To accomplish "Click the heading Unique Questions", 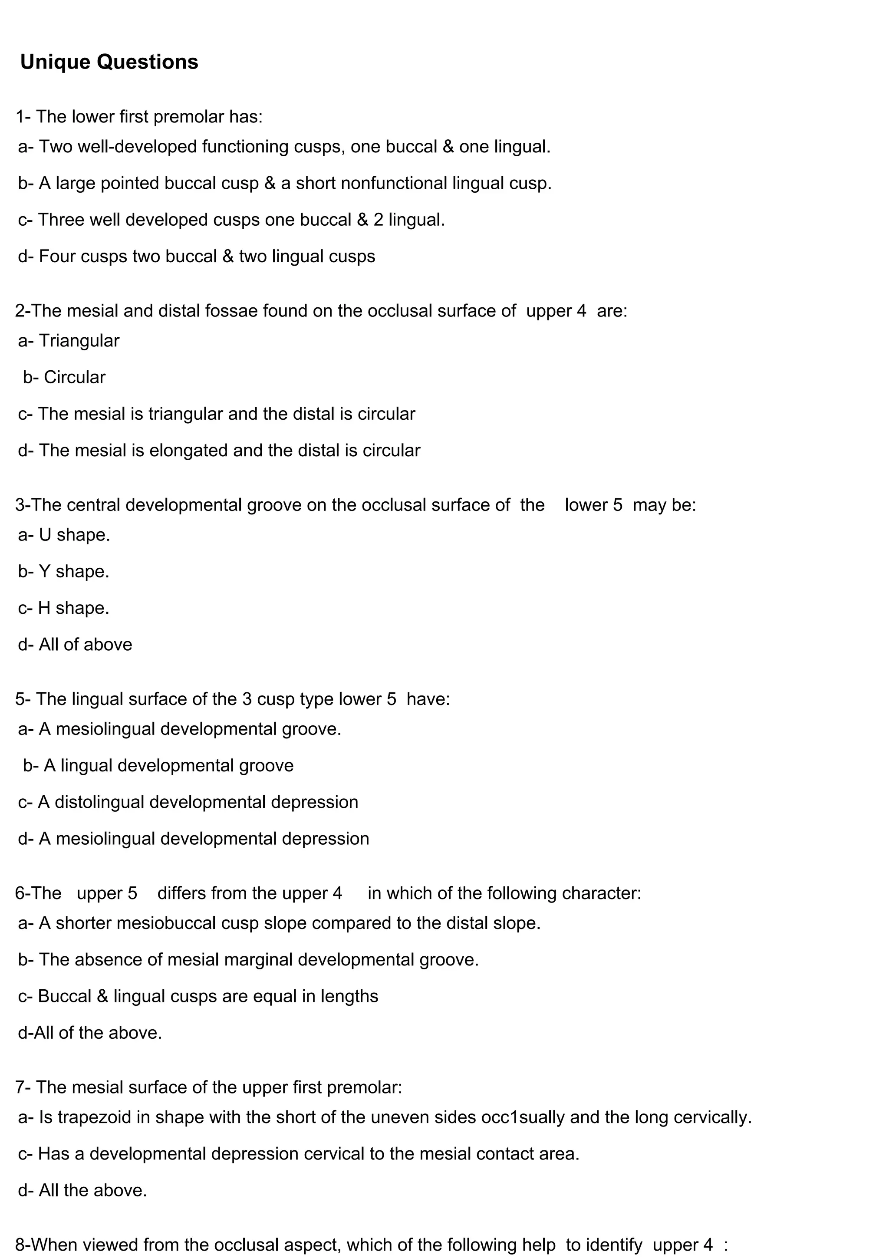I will [x=109, y=62].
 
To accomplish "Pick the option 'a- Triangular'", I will [x=69, y=341].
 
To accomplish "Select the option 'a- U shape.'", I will [x=64, y=535].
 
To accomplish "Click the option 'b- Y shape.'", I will [x=63, y=571].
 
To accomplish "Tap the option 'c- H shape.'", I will [x=63, y=608].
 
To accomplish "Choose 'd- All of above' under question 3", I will [x=75, y=644].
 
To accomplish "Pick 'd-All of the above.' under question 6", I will [x=90, y=1033].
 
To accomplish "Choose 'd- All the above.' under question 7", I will [x=82, y=1191].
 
